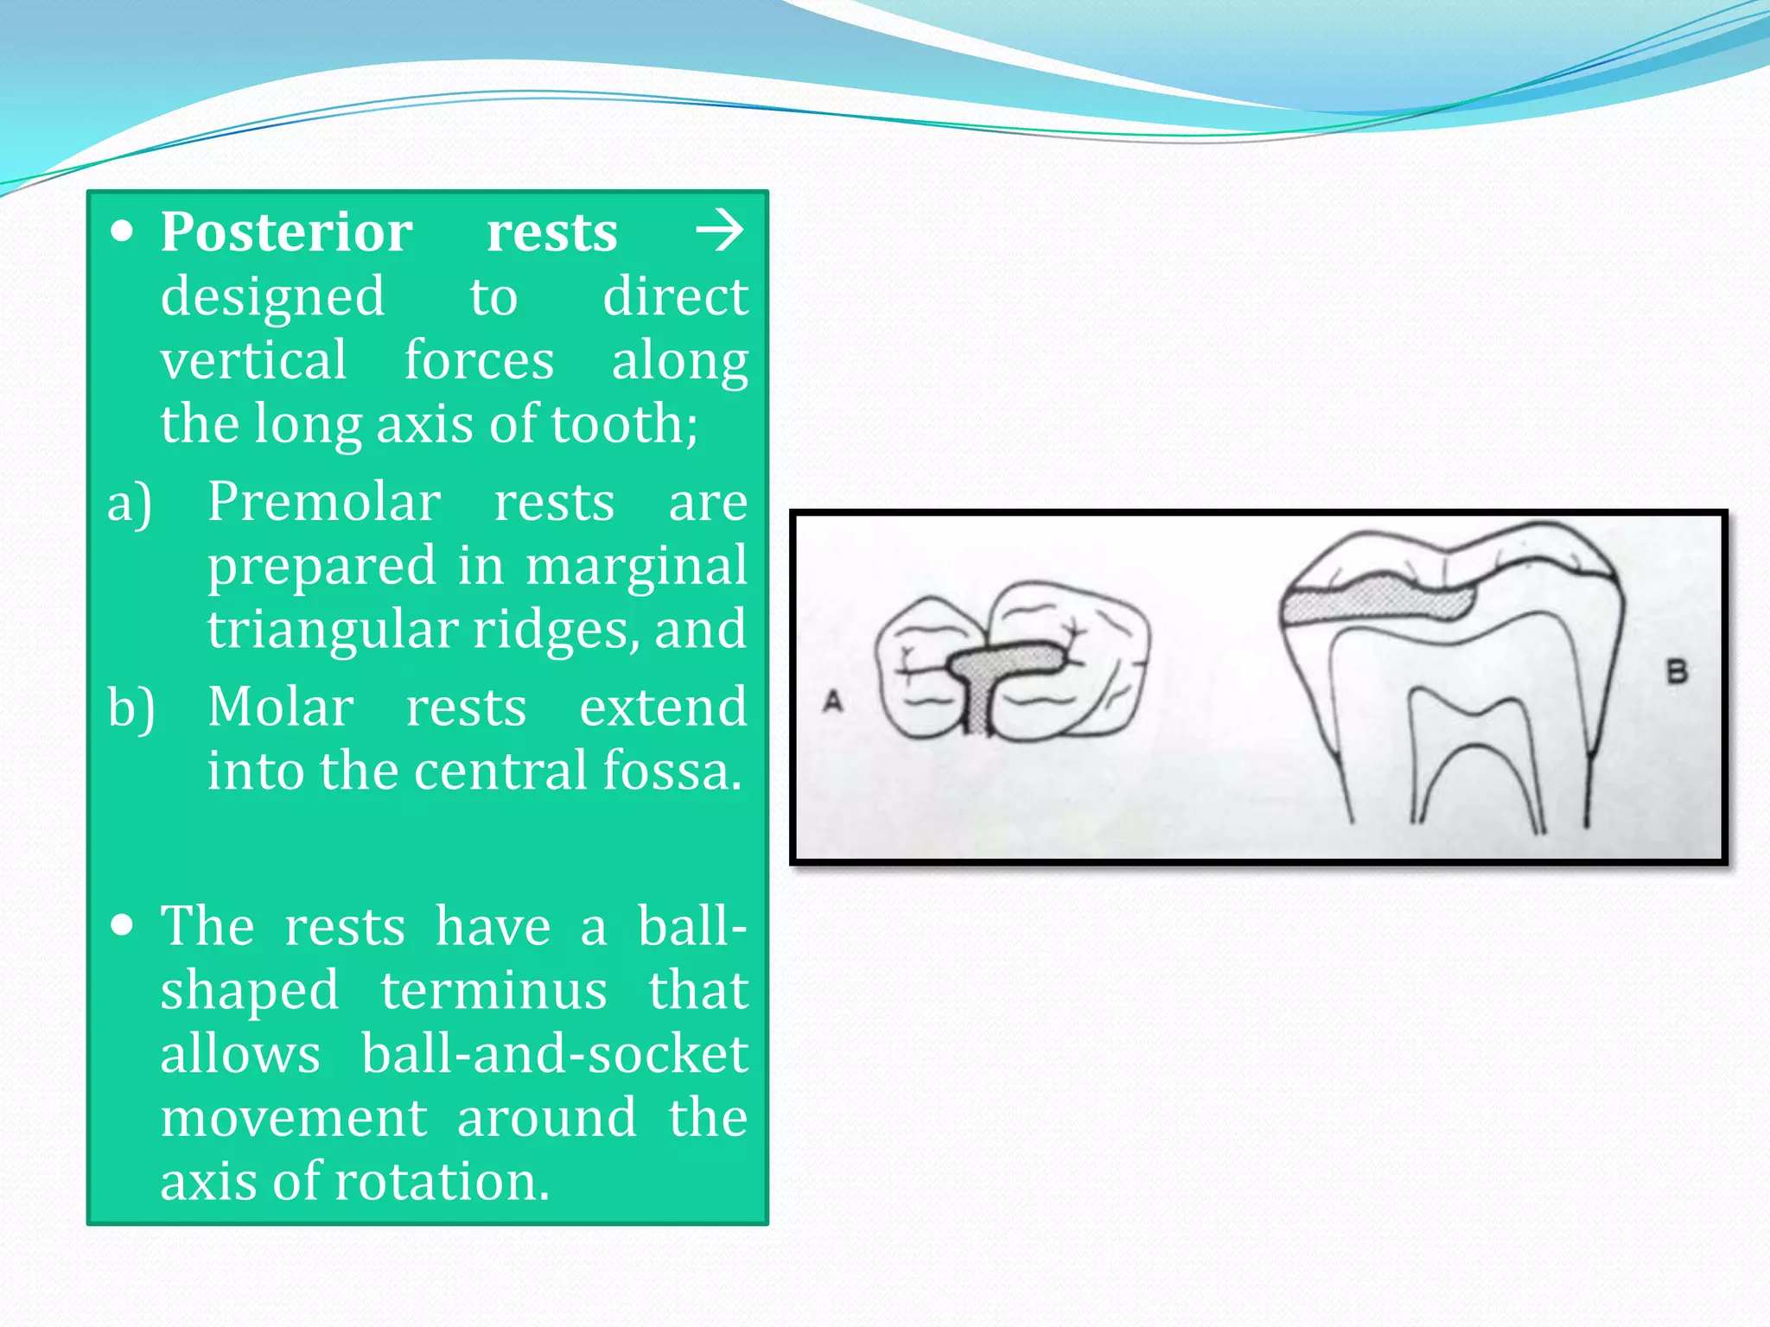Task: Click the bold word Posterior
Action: pos(286,232)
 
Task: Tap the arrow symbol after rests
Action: pos(719,231)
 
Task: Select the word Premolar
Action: pos(324,502)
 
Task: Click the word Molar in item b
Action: pos(280,708)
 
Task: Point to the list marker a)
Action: pos(130,504)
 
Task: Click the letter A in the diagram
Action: pos(832,701)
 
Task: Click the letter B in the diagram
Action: pos(1677,671)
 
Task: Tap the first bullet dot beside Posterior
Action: pos(123,232)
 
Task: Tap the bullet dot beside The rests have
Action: pos(123,926)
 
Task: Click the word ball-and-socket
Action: pos(554,1055)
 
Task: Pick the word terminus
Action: pos(493,991)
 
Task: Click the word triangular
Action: pos(333,630)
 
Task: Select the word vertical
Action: pos(253,360)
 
